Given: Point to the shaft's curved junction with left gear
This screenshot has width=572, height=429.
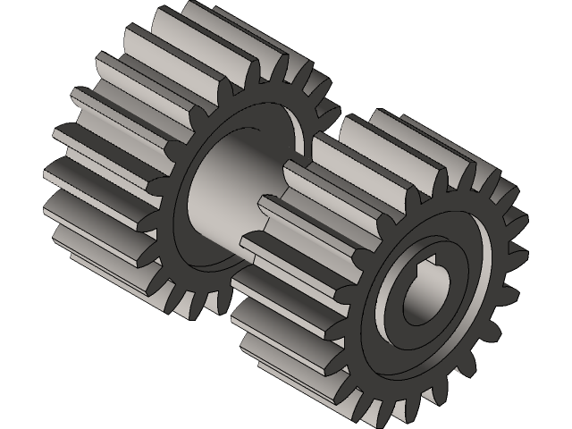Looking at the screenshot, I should click(192, 179).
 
